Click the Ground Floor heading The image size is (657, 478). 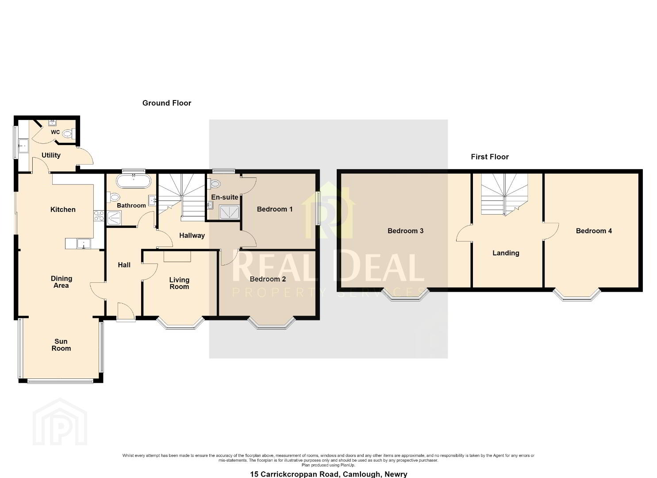pyautogui.click(x=167, y=103)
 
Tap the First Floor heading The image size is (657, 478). pyautogui.click(x=489, y=157)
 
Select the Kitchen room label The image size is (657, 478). pyautogui.click(x=63, y=209)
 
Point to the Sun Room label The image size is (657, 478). pyautogui.click(x=61, y=345)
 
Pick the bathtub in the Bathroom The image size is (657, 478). pyautogui.click(x=134, y=181)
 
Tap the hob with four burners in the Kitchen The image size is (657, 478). pyautogui.click(x=99, y=216)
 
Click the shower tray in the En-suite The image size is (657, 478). pyautogui.click(x=229, y=212)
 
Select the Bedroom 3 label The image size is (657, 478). pyautogui.click(x=405, y=231)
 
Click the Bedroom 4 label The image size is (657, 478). pyautogui.click(x=594, y=231)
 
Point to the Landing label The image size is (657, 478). pyautogui.click(x=506, y=253)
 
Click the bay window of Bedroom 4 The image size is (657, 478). pyautogui.click(x=576, y=295)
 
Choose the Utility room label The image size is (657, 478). pyautogui.click(x=51, y=155)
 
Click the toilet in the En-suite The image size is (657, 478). pyautogui.click(x=215, y=184)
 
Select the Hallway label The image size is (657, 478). pyautogui.click(x=192, y=235)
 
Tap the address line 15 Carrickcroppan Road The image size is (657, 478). pyautogui.click(x=328, y=474)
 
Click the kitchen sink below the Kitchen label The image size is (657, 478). pyautogui.click(x=84, y=243)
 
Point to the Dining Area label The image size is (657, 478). pyautogui.click(x=61, y=282)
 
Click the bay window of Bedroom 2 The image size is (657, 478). pyautogui.click(x=272, y=323)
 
